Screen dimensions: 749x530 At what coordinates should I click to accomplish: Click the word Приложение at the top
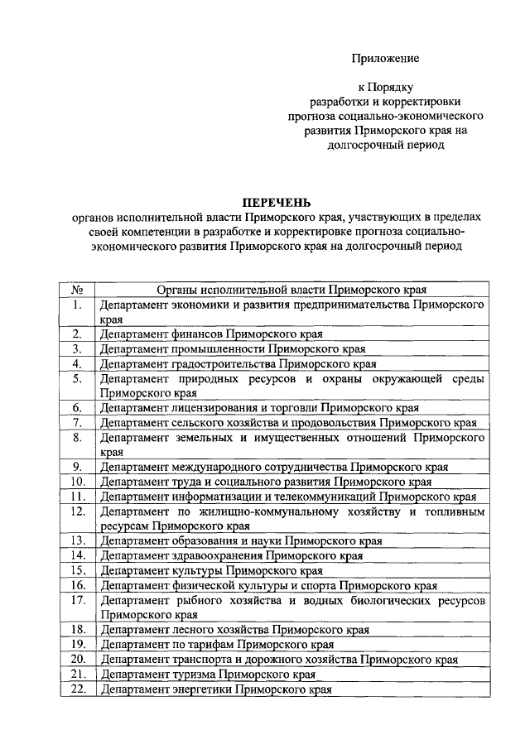coord(385,58)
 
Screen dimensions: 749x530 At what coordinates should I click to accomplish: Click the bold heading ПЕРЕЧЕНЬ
coord(277,201)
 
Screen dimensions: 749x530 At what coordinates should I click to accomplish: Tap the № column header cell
coord(76,290)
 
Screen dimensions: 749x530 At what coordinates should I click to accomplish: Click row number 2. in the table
coord(76,334)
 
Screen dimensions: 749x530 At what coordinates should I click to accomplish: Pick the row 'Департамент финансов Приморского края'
coord(210,334)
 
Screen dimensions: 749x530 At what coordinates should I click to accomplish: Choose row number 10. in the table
coord(76,483)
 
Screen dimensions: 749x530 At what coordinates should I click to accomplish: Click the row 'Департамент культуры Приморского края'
coord(210,570)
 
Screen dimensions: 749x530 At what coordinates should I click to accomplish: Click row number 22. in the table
coord(76,689)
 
